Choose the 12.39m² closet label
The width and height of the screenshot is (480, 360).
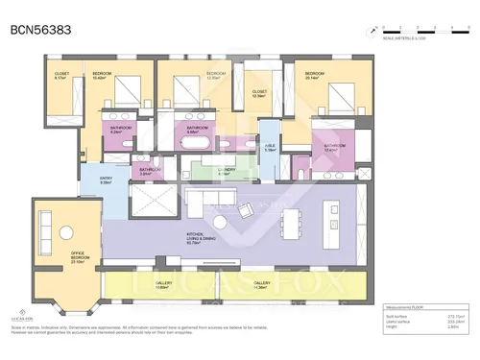[258, 94]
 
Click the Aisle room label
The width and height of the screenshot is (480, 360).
[271, 148]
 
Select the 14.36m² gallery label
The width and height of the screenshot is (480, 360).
[262, 285]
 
